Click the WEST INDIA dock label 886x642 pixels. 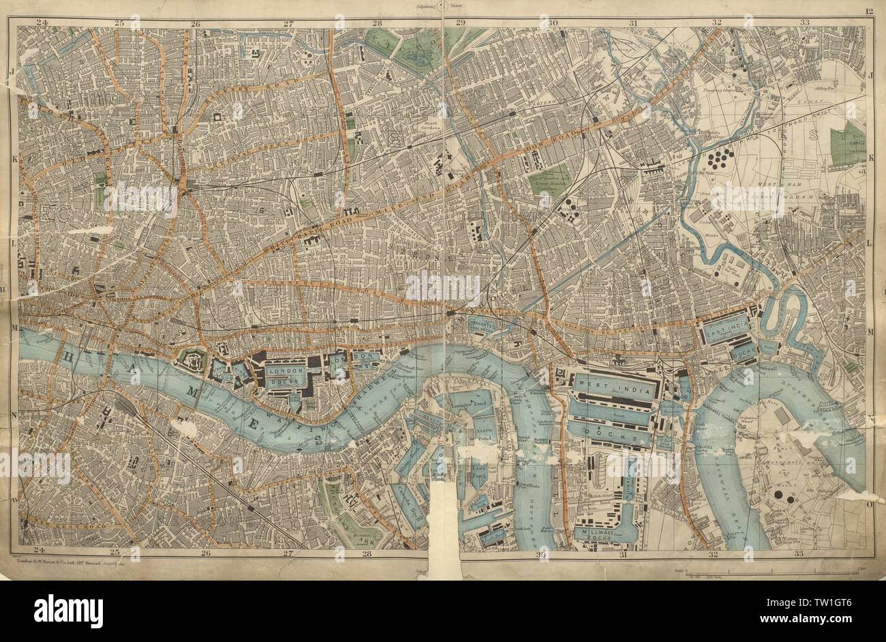point(602,385)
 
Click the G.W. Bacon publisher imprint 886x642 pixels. point(68,561)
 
